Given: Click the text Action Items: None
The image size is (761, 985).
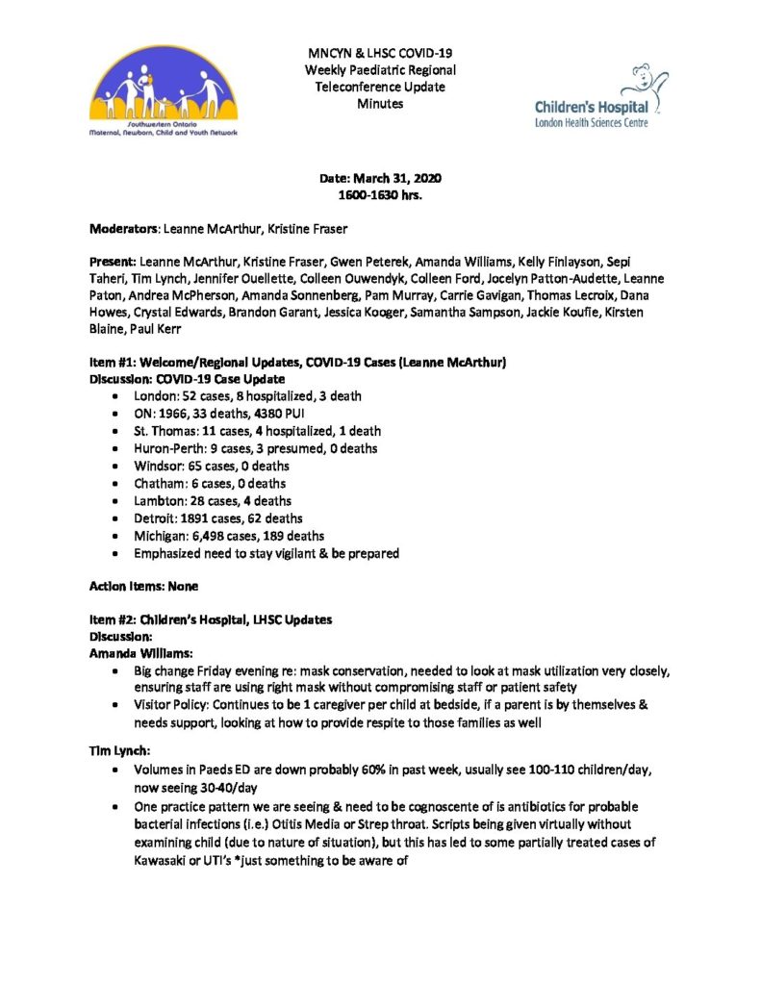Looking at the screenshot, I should (x=144, y=585).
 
